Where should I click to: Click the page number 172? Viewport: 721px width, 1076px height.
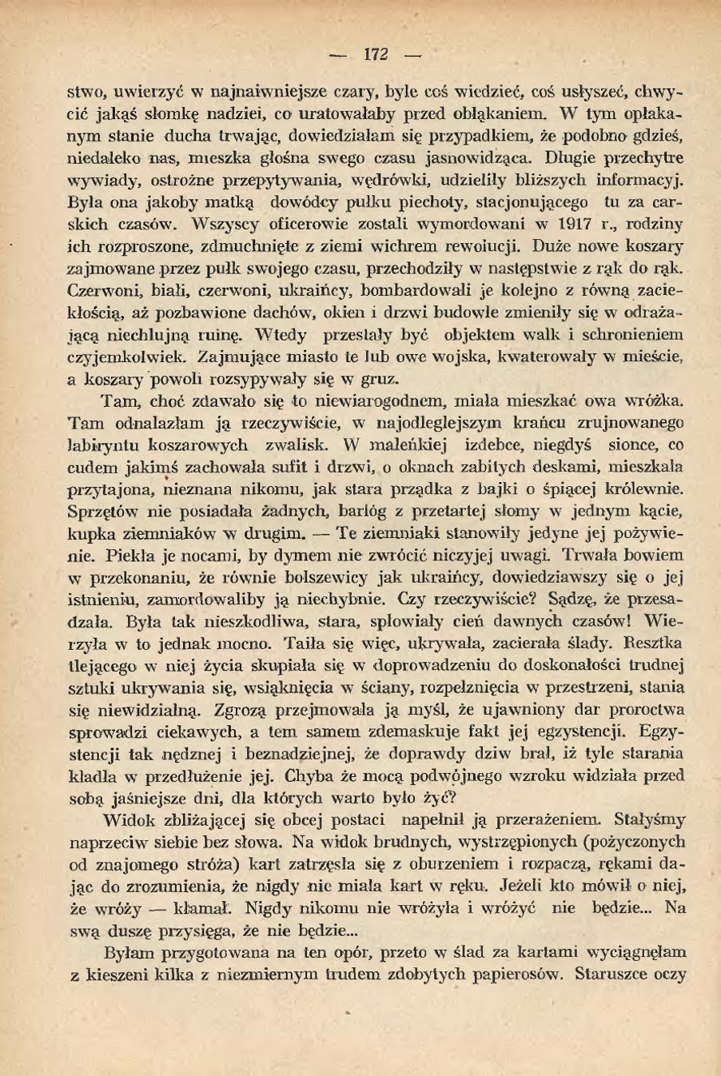pyautogui.click(x=375, y=54)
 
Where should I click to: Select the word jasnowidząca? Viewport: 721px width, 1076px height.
pyautogui.click(x=479, y=155)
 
